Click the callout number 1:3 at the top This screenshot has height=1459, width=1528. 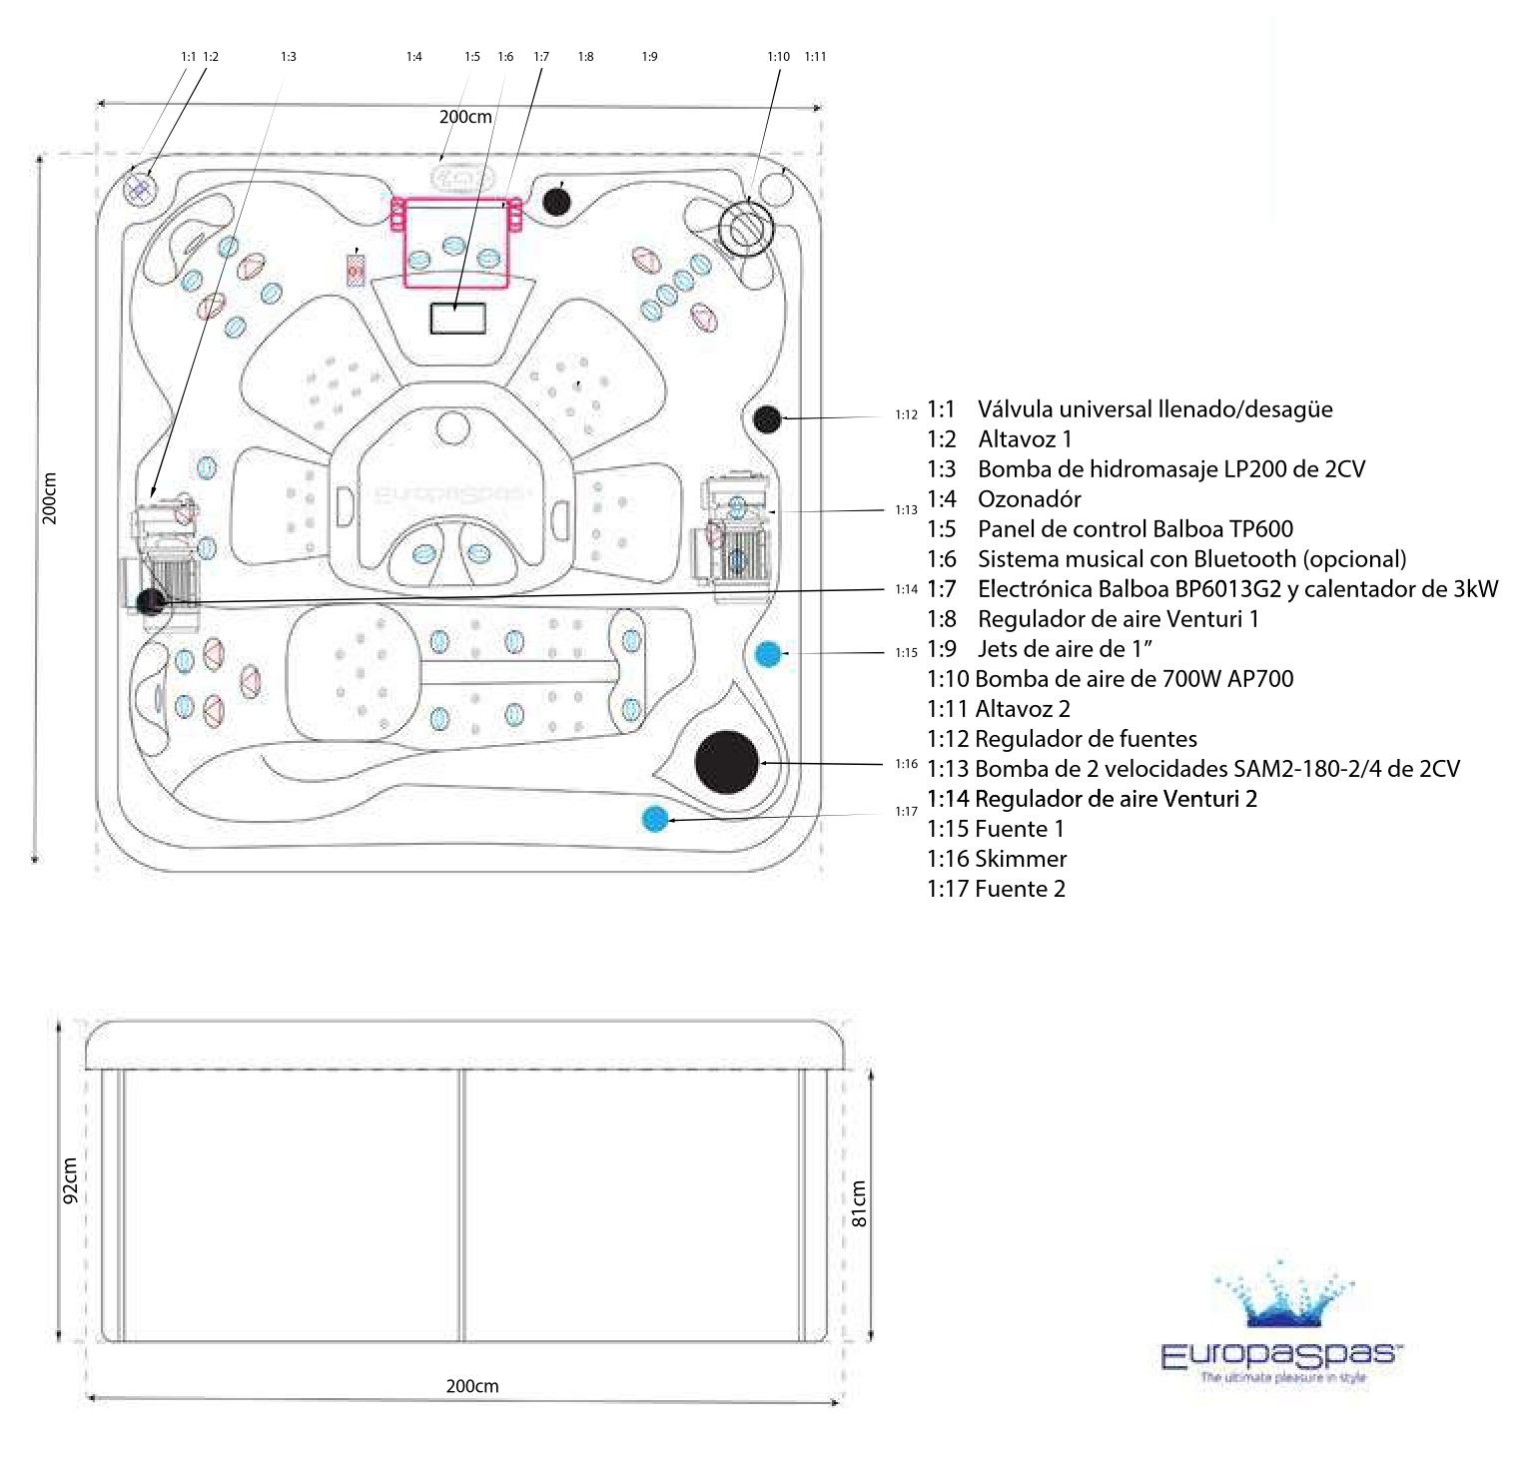click(x=289, y=57)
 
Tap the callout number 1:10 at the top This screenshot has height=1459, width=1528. click(x=778, y=57)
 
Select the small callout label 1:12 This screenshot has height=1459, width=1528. click(x=906, y=414)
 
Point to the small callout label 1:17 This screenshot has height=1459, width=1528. click(x=906, y=812)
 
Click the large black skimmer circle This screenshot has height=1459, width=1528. click(x=727, y=762)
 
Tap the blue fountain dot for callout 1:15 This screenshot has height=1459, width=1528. click(x=767, y=654)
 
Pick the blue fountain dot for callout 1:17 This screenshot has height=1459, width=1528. click(x=655, y=819)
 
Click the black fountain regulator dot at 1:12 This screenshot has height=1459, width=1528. click(x=767, y=419)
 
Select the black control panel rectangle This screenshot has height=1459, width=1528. click(x=457, y=318)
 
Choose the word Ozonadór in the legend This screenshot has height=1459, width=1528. click(x=1029, y=499)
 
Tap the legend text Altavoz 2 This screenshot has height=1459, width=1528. click(x=1022, y=709)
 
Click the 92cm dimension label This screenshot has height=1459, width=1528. click(x=70, y=1180)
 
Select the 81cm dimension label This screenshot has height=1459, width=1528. click(x=859, y=1203)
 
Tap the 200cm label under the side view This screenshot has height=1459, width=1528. click(x=471, y=1386)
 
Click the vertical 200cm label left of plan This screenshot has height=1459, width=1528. click(x=50, y=497)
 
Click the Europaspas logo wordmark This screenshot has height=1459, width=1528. click(x=1281, y=1354)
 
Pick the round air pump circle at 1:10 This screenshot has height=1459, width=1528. click(x=746, y=228)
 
